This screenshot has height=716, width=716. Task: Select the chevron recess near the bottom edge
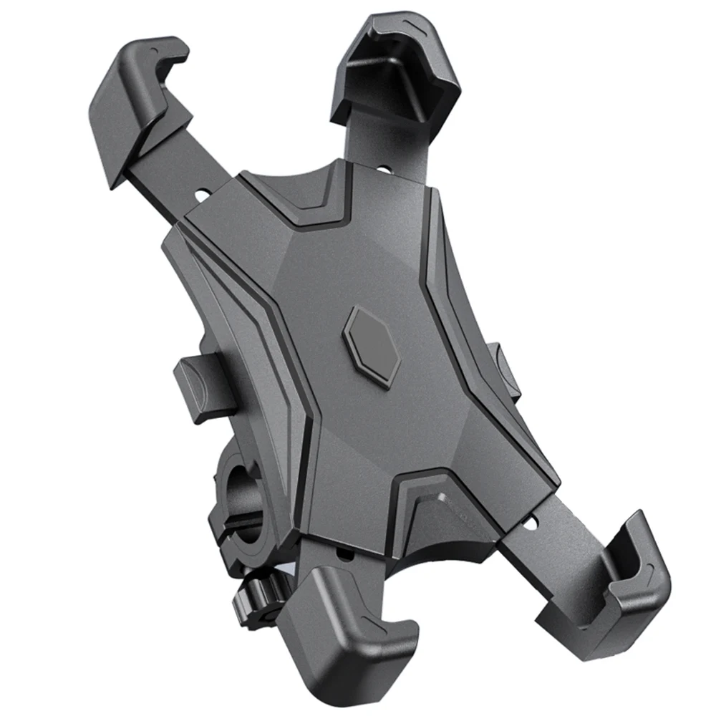point(437,494)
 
